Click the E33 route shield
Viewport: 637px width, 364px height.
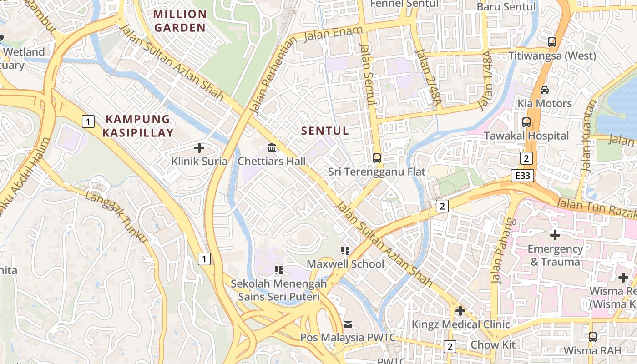tap(522, 176)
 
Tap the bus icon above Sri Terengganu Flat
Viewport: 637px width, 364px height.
tap(377, 158)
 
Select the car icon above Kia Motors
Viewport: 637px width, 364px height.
tap(544, 90)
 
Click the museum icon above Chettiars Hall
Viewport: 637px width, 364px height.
tap(272, 147)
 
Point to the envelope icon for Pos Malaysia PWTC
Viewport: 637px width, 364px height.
tap(348, 324)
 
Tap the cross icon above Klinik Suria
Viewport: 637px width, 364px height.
tap(199, 147)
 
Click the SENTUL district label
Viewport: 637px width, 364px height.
tap(325, 131)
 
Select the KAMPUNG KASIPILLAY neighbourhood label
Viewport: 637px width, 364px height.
tap(138, 126)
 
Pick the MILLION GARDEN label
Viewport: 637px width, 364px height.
tap(180, 21)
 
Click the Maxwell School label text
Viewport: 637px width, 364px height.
tap(345, 264)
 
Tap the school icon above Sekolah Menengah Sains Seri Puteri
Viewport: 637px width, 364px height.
tap(279, 270)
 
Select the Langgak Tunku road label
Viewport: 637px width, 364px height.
tap(117, 217)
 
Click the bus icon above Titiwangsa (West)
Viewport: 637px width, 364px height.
tap(552, 42)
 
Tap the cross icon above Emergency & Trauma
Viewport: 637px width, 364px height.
tap(555, 235)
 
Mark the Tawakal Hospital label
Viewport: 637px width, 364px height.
tap(526, 136)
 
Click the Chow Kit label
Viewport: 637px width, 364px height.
tap(493, 344)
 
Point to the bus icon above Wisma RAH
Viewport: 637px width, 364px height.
tap(592, 337)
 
